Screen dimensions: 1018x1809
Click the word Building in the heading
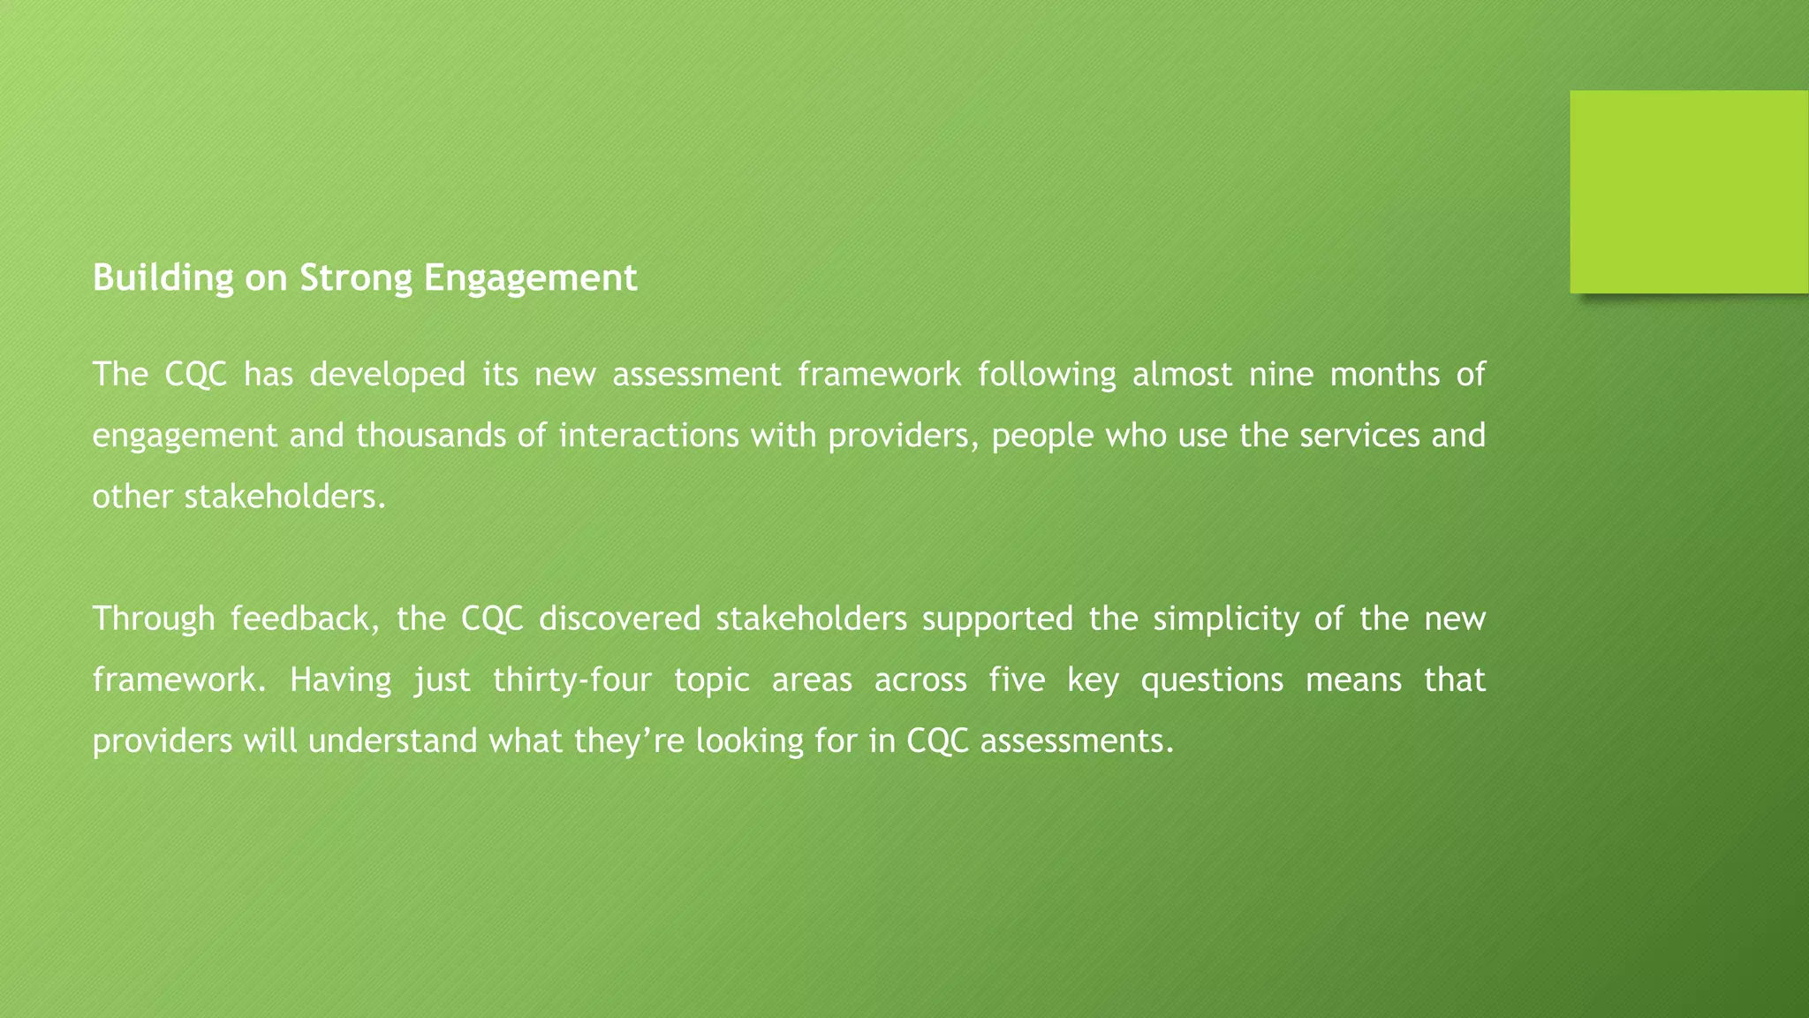tap(163, 278)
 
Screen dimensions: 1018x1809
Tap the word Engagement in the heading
tap(530, 278)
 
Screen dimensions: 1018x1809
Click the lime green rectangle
tap(1689, 192)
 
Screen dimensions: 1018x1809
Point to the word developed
tap(387, 375)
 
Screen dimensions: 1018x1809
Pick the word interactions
tap(649, 436)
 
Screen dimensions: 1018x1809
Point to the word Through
tap(154, 619)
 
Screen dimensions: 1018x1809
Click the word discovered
tap(619, 619)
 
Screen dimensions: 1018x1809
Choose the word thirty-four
tap(572, 680)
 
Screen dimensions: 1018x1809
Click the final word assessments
tap(1077, 741)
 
